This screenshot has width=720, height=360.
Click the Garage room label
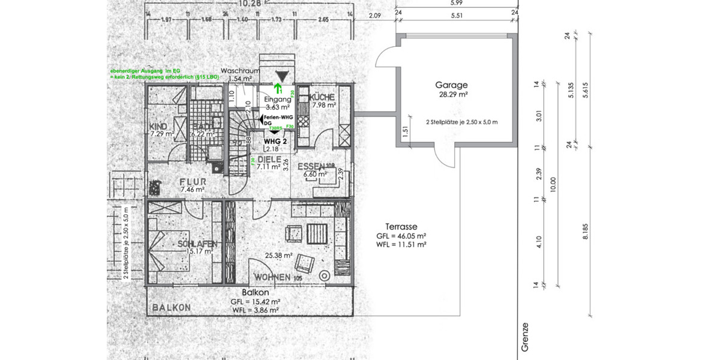pos(452,85)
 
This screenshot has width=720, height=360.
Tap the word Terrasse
pos(402,227)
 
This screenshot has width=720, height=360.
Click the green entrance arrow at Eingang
pos(280,89)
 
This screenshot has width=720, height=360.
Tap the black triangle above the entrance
pos(281,76)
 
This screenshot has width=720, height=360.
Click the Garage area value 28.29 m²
pos(452,94)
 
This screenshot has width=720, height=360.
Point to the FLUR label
pos(193,181)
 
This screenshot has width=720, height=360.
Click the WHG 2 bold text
pos(276,141)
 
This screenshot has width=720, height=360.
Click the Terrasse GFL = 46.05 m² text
pos(402,236)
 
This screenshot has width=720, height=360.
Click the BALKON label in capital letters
pos(172,307)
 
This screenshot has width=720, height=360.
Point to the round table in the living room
pos(325,277)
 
